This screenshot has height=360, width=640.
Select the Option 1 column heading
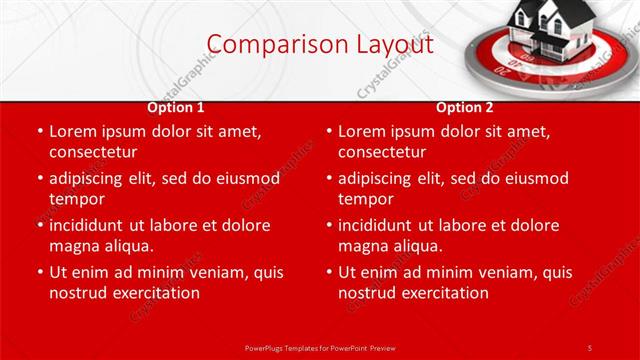[x=176, y=107]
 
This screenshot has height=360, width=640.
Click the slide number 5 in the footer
[x=590, y=347]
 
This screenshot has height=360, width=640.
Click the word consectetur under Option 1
[x=93, y=152]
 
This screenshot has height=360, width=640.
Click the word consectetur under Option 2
[x=382, y=152]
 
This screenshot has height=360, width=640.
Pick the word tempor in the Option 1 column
[x=75, y=199]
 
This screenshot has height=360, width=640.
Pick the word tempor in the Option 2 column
[x=364, y=199]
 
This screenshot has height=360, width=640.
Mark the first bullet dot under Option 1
[x=39, y=131]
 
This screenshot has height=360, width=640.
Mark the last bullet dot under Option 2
[x=328, y=272]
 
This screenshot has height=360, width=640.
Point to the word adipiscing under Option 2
[x=378, y=178]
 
